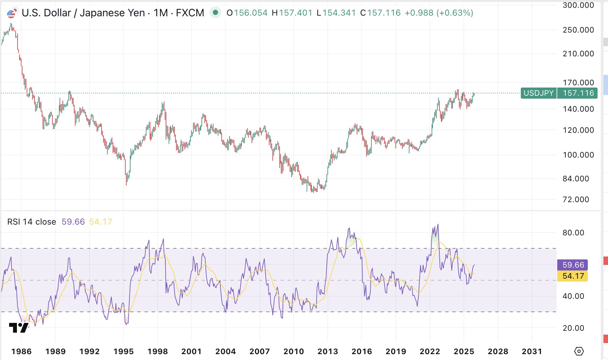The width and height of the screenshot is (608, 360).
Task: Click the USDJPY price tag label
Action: (538, 93)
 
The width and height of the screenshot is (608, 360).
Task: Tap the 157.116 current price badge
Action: (578, 93)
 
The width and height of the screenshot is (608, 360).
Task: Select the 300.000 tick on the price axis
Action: (578, 5)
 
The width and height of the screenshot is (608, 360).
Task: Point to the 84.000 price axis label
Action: (576, 179)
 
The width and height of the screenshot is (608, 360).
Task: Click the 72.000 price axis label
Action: (576, 200)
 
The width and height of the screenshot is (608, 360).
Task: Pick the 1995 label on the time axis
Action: (124, 352)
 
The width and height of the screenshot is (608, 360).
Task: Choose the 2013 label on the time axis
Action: (328, 352)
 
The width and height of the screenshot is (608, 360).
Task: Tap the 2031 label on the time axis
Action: (532, 352)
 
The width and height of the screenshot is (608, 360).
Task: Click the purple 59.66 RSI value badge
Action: (573, 265)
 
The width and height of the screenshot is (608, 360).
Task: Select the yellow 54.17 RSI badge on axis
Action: (573, 276)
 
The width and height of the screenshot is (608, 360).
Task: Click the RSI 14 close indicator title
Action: (32, 222)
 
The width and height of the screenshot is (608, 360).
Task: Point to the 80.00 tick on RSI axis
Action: (573, 233)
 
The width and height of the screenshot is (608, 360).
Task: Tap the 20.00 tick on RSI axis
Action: (573, 328)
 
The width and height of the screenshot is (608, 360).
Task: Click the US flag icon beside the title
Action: (12, 13)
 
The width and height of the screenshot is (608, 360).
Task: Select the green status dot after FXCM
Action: (215, 13)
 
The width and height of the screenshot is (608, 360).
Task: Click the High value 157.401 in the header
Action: (296, 13)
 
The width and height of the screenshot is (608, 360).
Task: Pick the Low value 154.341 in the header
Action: (339, 13)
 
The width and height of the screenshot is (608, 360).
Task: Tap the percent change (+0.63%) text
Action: (455, 13)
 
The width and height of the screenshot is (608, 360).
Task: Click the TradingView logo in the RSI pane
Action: (19, 327)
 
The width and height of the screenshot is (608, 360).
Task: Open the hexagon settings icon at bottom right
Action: (579, 352)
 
